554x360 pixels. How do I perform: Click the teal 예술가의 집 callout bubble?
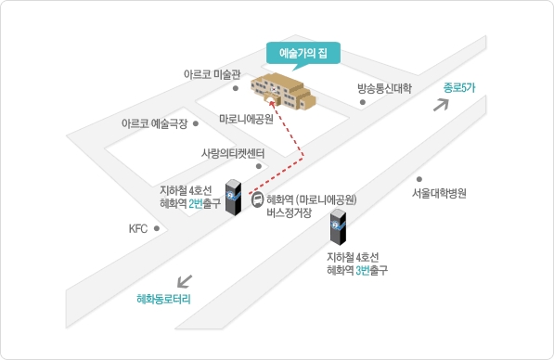coord(303,53)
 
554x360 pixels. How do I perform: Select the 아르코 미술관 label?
coord(212,74)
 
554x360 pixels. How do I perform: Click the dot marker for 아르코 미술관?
coord(236,88)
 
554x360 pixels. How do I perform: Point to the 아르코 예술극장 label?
coord(154,123)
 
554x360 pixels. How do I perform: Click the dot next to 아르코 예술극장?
coord(196,123)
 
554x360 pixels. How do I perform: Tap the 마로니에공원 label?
coord(246,119)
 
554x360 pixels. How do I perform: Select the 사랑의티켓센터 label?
coord(233,153)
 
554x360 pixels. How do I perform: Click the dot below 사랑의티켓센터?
coord(259,166)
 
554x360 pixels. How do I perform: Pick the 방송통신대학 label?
coord(384,88)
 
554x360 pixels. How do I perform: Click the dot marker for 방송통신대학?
coord(363,102)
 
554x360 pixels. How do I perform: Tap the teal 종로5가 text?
coord(459,87)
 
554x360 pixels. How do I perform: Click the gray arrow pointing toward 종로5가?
coord(442,105)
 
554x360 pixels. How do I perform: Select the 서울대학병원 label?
coord(439,193)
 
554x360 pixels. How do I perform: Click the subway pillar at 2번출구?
coord(233,197)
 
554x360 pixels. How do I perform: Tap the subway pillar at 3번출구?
coord(338,227)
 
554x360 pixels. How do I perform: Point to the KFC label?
coord(137,228)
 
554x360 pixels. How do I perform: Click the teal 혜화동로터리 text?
coord(163,299)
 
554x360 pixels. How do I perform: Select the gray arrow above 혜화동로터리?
coord(185,281)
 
